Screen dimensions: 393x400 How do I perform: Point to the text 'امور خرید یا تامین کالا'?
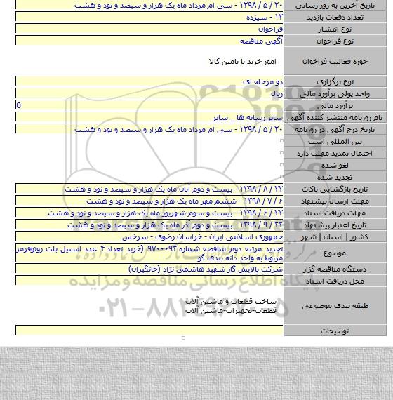click(x=241, y=62)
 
